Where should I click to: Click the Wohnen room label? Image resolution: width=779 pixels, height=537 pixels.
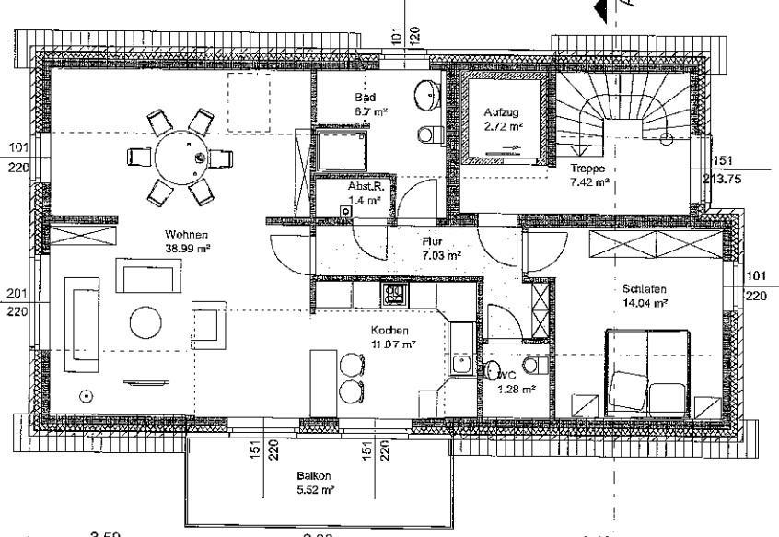[x=186, y=241]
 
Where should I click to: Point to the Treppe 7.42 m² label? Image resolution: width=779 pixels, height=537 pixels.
[x=589, y=176]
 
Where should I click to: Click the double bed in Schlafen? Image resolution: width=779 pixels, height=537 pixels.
[x=646, y=373]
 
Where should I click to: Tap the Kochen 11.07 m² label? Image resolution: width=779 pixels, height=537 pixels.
[x=393, y=336]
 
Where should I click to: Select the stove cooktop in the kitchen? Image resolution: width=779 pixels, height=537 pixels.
[x=396, y=295]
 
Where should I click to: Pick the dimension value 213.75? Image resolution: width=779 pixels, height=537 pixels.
[x=724, y=179]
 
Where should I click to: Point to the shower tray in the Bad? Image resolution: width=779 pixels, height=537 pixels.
[x=343, y=151]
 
